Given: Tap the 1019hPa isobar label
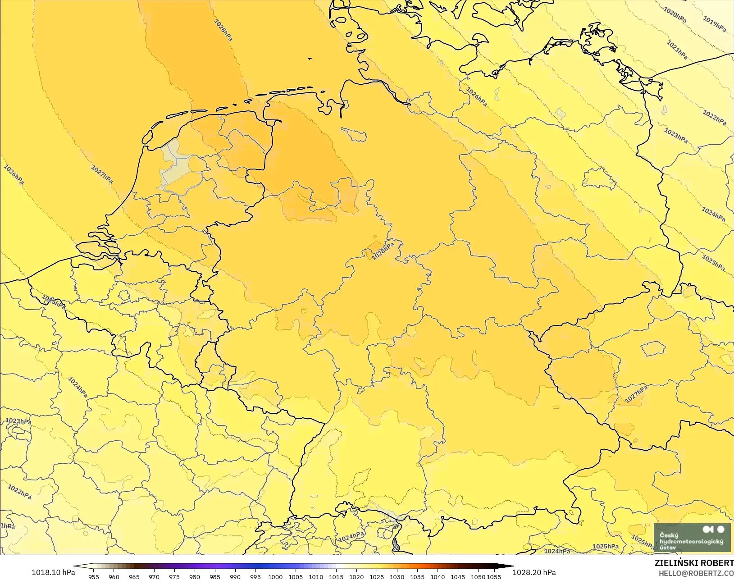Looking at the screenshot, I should pos(715,24).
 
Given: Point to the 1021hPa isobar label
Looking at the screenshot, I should pos(677,50).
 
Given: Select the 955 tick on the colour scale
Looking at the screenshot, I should pos(94,576).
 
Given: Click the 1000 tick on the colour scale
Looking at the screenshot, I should pos(275,576).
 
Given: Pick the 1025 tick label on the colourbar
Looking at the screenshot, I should pos(377,576).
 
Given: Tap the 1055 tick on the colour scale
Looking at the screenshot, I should pos(494,576).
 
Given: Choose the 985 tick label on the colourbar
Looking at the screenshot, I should pos(215,576).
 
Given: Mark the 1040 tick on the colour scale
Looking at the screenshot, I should pos(437,576).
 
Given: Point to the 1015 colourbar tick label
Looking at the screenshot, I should pos(336,576).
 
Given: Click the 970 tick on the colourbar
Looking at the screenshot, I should pos(154,576).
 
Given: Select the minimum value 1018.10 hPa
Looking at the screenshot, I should pos(53,572).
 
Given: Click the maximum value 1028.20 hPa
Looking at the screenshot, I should pos(534,572).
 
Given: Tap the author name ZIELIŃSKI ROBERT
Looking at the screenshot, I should pos(694,563).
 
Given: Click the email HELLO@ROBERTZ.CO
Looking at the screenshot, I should pos(696,573).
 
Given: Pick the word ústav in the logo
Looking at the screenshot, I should pos(668,548).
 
